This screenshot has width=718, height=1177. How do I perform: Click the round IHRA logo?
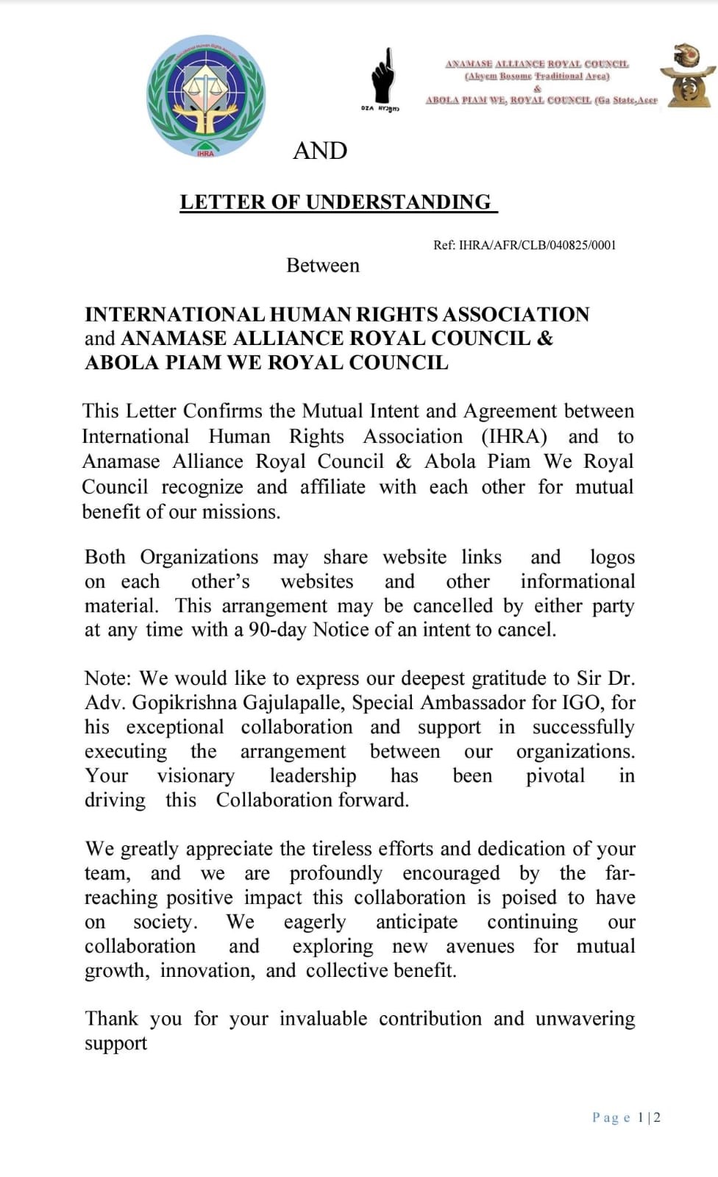tap(205, 96)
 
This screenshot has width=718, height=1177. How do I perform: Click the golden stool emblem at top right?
tap(688, 76)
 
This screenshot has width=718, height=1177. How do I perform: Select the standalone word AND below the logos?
tap(320, 151)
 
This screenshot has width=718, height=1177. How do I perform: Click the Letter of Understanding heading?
tap(336, 202)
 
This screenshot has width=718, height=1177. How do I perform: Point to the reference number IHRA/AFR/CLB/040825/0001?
tap(537, 245)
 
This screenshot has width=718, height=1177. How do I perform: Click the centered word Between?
tap(323, 266)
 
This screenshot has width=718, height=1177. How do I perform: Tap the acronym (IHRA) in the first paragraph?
tap(514, 437)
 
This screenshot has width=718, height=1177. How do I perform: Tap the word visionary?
tap(196, 776)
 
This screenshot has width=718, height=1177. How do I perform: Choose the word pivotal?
tap(555, 776)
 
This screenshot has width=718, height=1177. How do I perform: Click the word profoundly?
tap(335, 874)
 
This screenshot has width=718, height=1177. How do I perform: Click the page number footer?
tap(626, 1117)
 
